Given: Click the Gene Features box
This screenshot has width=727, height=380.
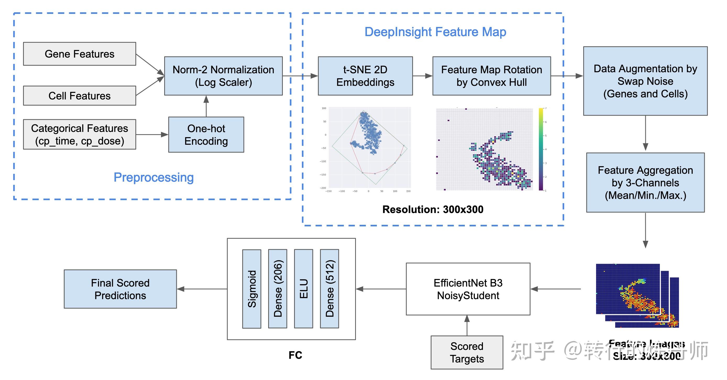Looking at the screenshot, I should pyautogui.click(x=79, y=54).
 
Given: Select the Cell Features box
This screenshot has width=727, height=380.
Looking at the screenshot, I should pyautogui.click(x=79, y=96).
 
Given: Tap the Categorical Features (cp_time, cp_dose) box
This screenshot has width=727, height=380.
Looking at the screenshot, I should pyautogui.click(x=79, y=135).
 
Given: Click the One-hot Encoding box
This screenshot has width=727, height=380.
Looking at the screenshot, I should pyautogui.click(x=206, y=135).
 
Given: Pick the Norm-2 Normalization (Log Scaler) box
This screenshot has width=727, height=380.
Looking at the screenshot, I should pyautogui.click(x=223, y=76).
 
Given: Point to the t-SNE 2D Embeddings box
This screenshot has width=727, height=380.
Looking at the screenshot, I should pyautogui.click(x=365, y=76).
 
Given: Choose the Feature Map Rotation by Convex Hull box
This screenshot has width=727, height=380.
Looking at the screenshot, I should pyautogui.click(x=491, y=76).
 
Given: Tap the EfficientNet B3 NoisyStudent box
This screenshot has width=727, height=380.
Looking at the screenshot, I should pyautogui.click(x=468, y=289).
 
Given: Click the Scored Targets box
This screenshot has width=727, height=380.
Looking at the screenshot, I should pyautogui.click(x=467, y=352).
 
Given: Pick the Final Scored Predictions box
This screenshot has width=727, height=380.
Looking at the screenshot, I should pyautogui.click(x=120, y=289).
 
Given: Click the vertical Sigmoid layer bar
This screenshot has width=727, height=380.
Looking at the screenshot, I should pyautogui.click(x=251, y=289).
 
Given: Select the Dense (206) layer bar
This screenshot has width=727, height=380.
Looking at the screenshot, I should pyautogui.click(x=277, y=289).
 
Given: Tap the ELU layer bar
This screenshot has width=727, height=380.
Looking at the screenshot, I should pyautogui.click(x=303, y=289).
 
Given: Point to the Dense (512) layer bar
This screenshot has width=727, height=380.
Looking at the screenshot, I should pyautogui.click(x=329, y=289).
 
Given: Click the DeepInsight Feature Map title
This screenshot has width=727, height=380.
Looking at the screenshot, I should pyautogui.click(x=435, y=32).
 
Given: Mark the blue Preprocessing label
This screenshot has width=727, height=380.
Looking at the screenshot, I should pyautogui.click(x=153, y=177).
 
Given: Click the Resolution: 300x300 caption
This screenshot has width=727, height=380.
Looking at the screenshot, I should pyautogui.click(x=433, y=209).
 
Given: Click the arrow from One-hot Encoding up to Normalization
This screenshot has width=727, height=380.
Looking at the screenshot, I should pyautogui.click(x=206, y=107).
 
